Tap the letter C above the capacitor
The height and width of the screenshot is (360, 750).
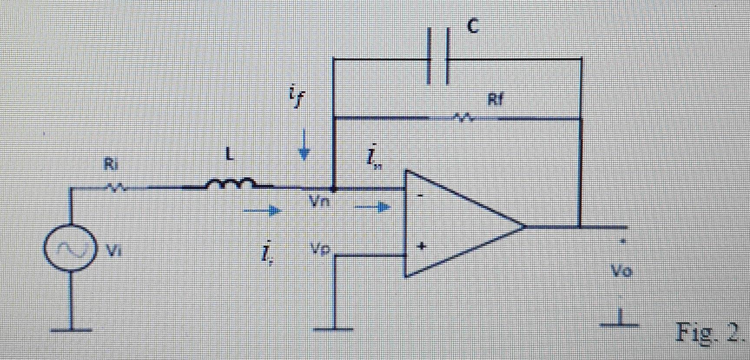473,26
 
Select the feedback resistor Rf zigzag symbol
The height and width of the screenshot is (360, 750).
463,117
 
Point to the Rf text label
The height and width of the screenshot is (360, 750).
495,100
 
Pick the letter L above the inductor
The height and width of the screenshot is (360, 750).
230,155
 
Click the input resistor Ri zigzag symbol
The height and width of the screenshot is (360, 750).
115,188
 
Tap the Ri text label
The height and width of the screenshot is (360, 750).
111,164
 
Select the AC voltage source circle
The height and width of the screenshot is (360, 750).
69,248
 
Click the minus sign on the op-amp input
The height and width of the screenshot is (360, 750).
420,196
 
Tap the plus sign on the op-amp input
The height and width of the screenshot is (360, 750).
421,246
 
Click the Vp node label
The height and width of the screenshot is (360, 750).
320,249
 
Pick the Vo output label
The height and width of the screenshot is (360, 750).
621,271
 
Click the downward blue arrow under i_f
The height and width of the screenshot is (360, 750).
304,145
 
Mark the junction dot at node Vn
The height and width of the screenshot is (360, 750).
334,189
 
